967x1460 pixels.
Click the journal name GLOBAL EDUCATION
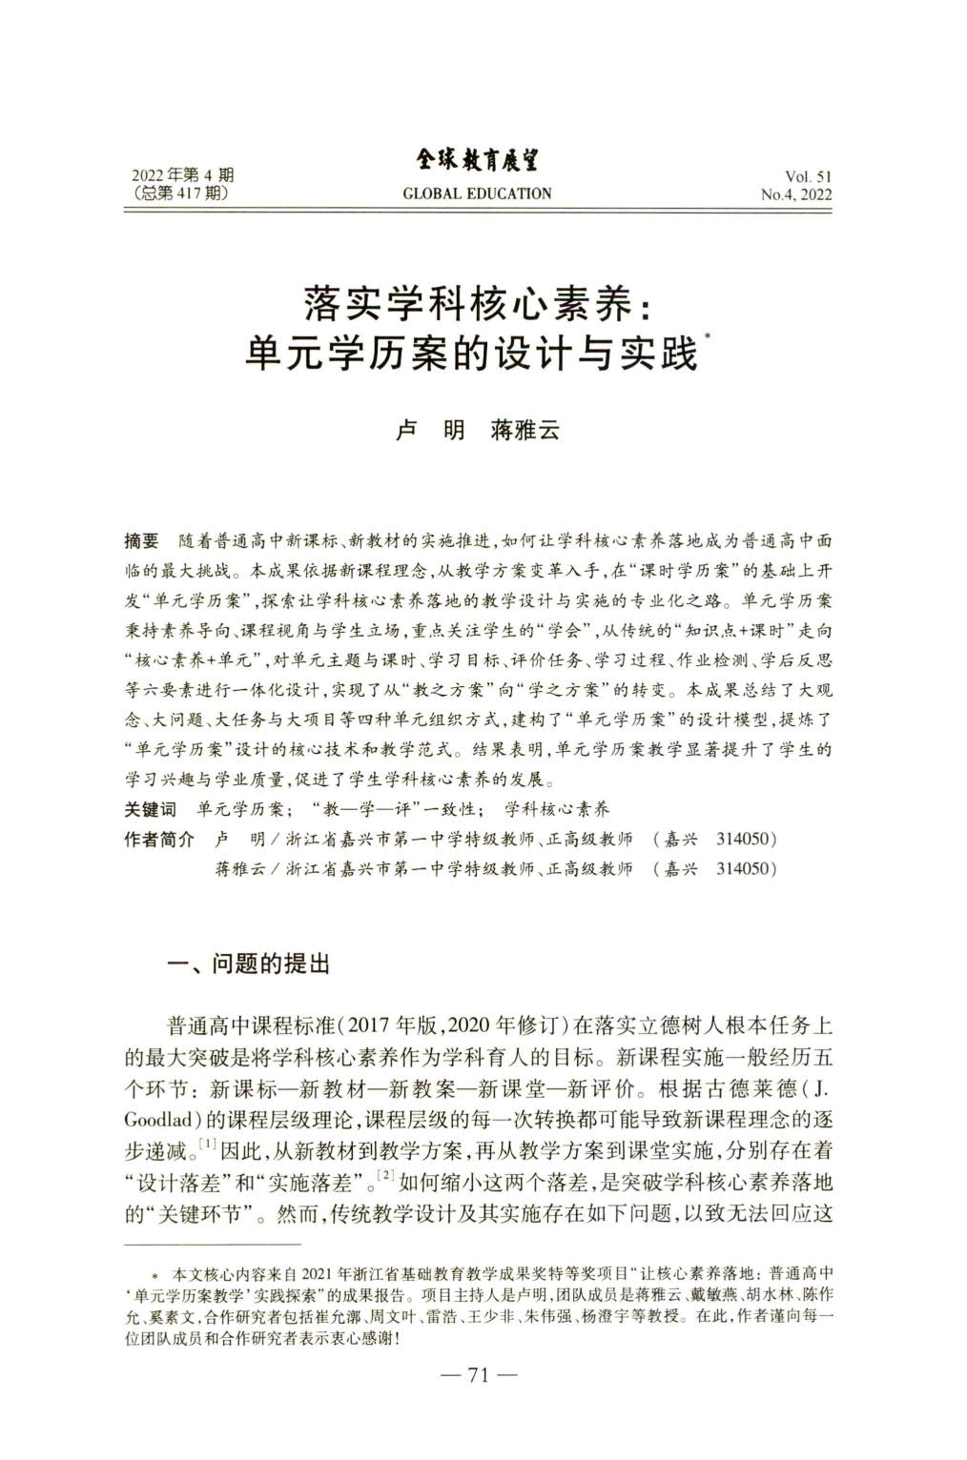click(x=477, y=193)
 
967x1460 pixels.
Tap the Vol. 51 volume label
click(x=809, y=176)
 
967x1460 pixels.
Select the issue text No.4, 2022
click(x=796, y=194)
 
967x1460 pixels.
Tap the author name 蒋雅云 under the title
click(x=524, y=430)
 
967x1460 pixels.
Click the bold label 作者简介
click(x=159, y=840)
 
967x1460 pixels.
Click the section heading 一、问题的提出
click(x=247, y=963)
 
